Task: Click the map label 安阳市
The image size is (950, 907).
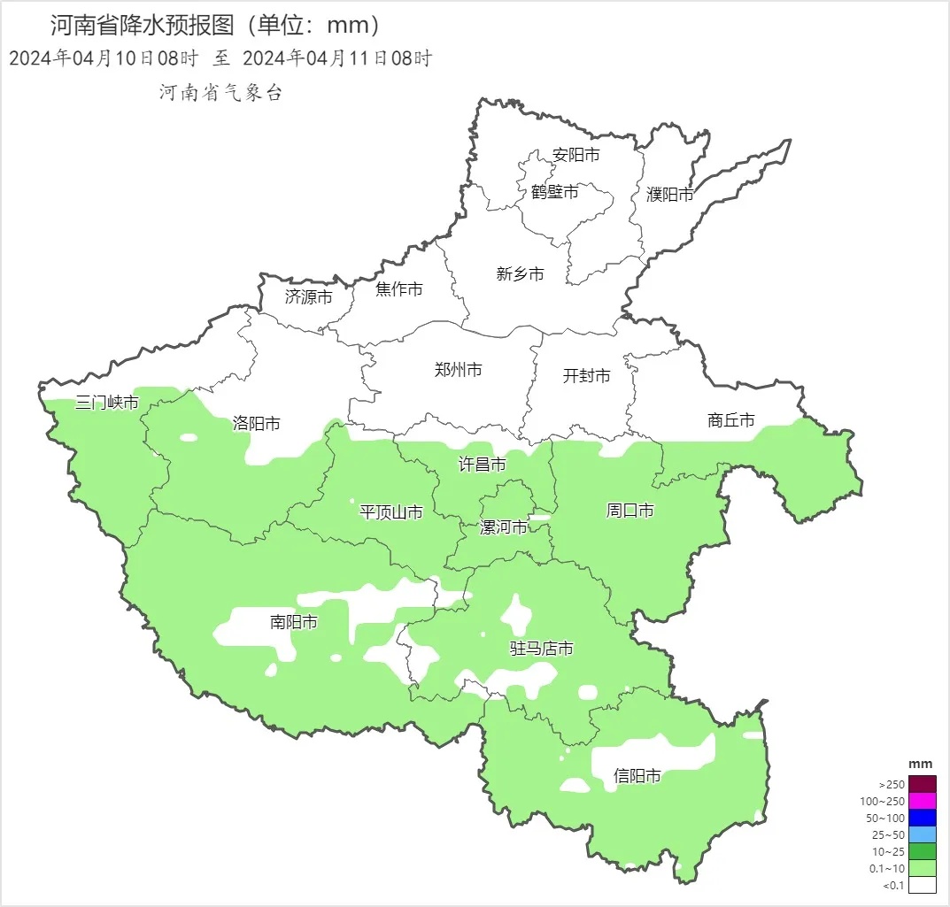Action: coord(575,155)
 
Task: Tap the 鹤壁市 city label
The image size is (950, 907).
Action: coord(555,191)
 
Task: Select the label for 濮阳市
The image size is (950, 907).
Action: coord(670,194)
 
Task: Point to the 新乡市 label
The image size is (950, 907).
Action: coord(520,274)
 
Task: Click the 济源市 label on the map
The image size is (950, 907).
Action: coord(309,297)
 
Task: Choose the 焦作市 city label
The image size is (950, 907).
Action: coord(399,289)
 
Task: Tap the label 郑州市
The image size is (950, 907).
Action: coord(459,370)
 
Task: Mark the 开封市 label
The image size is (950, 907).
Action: coord(586,376)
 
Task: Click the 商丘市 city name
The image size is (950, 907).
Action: coord(731,420)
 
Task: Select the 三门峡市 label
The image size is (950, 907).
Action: coord(107,404)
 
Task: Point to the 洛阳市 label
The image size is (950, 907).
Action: coord(257,424)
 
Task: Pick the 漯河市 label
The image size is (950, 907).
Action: coord(503,527)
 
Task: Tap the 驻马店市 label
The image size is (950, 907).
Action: coord(541,649)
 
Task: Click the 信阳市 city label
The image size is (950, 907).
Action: coord(637,776)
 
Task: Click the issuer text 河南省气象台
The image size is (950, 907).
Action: coord(220,93)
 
